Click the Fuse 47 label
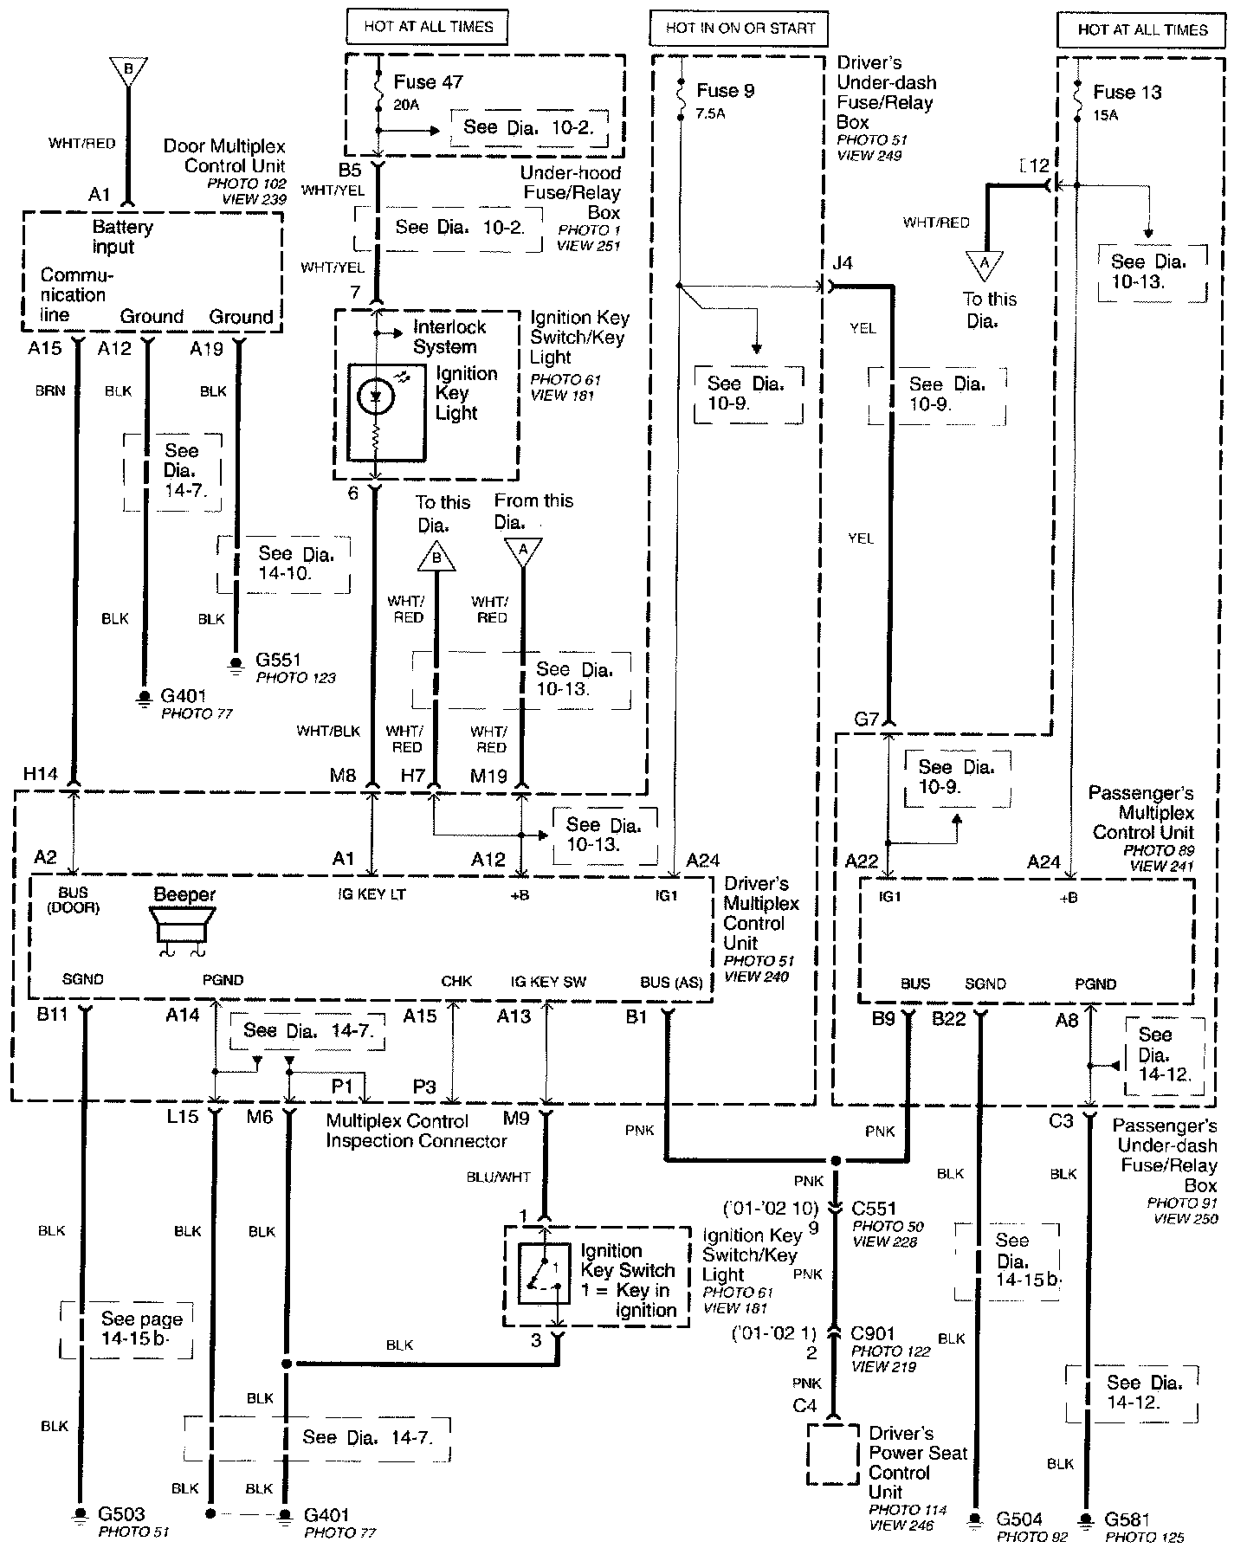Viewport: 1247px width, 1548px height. click(x=428, y=82)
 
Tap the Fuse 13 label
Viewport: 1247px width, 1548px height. click(x=1127, y=92)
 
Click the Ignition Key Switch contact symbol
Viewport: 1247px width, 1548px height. click(x=543, y=1274)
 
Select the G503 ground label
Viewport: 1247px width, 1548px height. click(x=121, y=1513)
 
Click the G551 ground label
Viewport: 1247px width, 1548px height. click(x=279, y=660)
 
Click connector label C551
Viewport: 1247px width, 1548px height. click(x=873, y=1208)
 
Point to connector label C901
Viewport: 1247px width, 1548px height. click(x=873, y=1333)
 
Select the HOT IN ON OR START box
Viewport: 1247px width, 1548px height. click(x=740, y=28)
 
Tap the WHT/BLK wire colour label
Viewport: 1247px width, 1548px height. click(x=327, y=731)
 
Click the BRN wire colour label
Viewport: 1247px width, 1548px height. click(x=50, y=390)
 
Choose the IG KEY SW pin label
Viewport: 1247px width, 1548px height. click(x=548, y=981)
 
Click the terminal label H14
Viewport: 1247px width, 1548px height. click(x=41, y=773)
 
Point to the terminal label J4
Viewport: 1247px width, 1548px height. click(x=842, y=262)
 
